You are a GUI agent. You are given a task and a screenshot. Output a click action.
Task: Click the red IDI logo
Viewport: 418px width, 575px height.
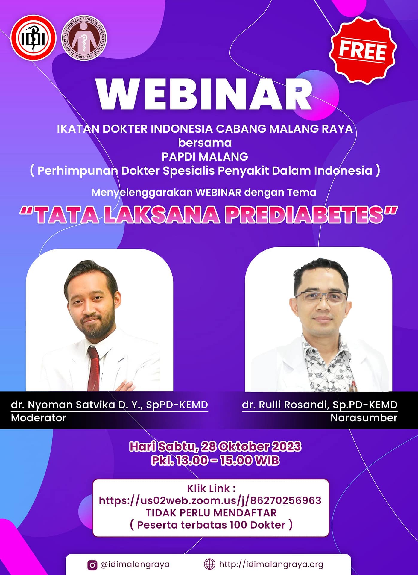[x=34, y=38]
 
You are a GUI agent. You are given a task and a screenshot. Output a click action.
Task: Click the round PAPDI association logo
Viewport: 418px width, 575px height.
[x=84, y=38]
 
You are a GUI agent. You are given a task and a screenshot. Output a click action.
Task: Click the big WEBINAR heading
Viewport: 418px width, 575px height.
[x=205, y=95]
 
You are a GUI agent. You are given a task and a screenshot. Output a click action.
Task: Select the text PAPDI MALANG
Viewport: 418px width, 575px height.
[x=205, y=157]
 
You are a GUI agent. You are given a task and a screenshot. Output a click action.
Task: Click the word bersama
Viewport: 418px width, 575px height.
[x=205, y=143]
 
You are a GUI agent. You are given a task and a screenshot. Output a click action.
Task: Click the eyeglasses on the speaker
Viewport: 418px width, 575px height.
[x=321, y=297]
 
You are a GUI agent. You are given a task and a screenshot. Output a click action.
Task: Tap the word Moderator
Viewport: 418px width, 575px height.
[x=39, y=418]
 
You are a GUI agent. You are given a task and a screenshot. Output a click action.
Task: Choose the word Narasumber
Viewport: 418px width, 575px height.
[x=364, y=418]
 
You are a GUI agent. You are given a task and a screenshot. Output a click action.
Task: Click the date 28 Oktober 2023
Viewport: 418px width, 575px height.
[x=251, y=447]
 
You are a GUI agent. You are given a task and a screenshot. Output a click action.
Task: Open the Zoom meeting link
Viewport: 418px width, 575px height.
[x=210, y=500]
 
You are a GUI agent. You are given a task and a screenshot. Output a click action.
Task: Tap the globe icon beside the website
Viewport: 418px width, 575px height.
[x=209, y=564]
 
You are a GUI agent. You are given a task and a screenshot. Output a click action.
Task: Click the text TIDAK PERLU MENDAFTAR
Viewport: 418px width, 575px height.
[x=211, y=512]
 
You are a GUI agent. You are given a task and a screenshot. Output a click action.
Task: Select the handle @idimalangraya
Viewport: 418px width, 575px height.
[x=135, y=565]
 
